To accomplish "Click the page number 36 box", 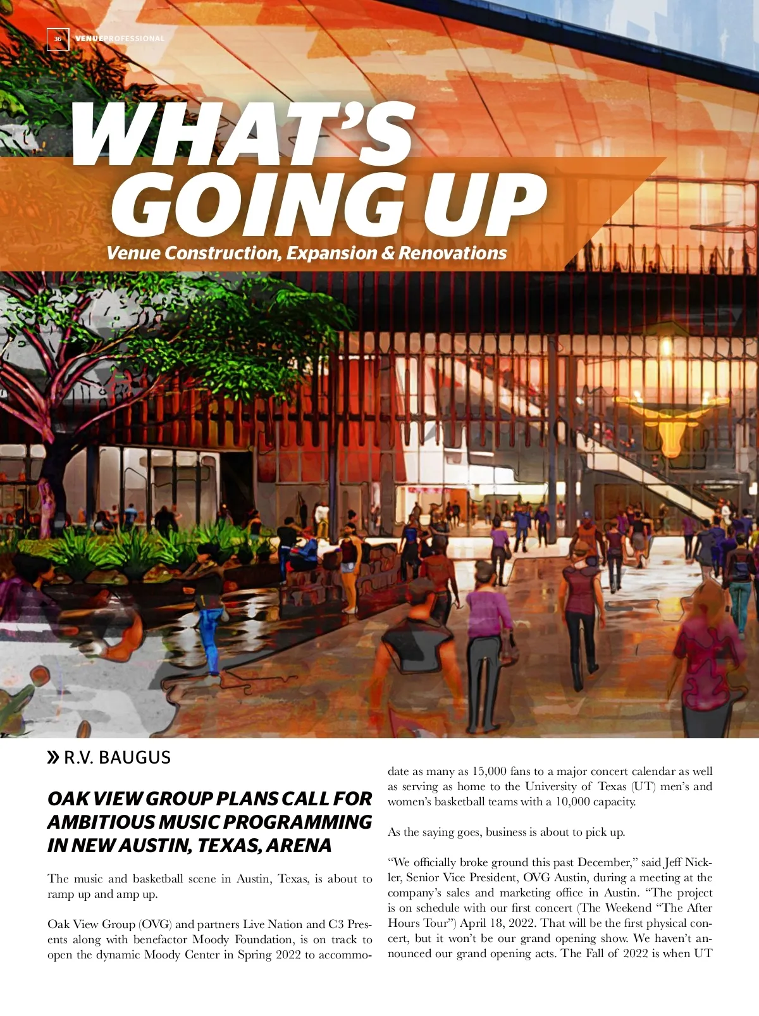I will point(58,39).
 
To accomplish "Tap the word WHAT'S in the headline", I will point(244,134).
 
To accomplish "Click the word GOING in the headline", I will point(259,204).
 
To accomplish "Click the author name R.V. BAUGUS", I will point(117,757).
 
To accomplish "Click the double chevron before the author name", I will point(54,757).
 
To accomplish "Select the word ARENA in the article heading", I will point(299,845).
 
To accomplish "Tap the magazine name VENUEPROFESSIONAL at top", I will point(120,39).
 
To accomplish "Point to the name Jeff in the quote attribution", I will point(672,862).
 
